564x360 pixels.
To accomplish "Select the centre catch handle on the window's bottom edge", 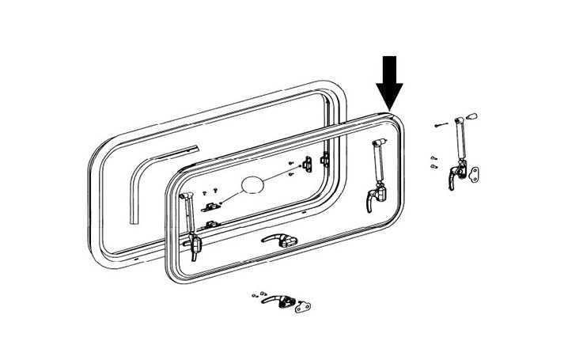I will click(x=282, y=241).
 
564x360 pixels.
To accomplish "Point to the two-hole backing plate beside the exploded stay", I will click(x=474, y=174).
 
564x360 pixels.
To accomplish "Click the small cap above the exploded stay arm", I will click(x=473, y=116).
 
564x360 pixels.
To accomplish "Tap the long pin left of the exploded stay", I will click(x=442, y=125).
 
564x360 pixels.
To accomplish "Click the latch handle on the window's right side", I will click(x=373, y=199).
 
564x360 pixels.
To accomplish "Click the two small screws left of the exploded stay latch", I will click(x=433, y=162).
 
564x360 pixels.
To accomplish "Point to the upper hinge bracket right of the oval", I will click(x=324, y=161).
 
